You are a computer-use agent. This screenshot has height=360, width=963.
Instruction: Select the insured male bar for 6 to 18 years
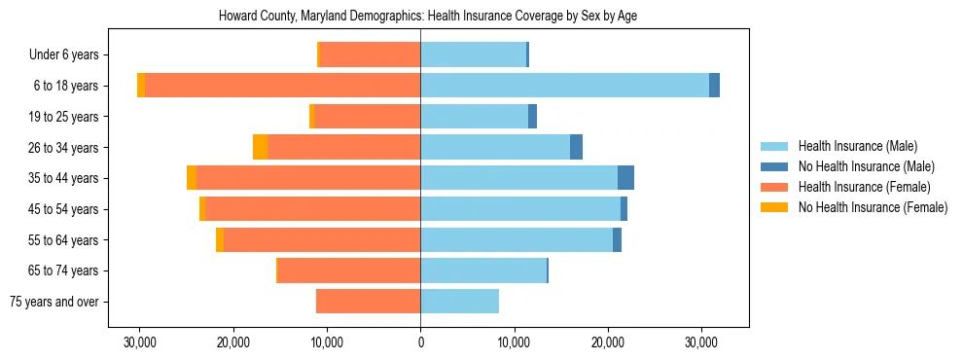click(564, 86)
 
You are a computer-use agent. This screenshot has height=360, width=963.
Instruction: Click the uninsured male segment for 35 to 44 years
click(625, 178)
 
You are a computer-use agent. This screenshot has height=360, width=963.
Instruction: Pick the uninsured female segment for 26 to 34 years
click(260, 147)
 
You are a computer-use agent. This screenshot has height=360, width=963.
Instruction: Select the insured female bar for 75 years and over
click(368, 302)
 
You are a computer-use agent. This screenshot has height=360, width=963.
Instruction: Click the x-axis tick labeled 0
click(420, 342)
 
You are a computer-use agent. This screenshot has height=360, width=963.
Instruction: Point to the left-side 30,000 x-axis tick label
click(140, 342)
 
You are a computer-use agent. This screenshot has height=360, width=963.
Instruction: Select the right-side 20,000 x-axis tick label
click(608, 342)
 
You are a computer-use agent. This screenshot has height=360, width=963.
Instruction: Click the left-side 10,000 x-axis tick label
click(327, 342)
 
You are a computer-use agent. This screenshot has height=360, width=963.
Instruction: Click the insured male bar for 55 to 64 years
click(517, 240)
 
